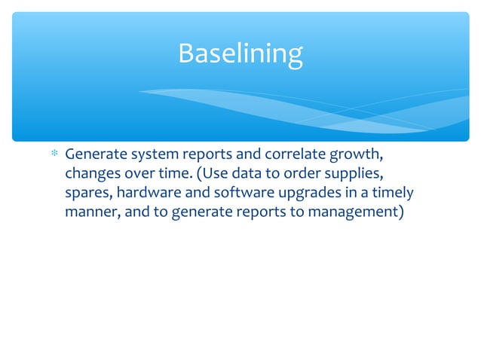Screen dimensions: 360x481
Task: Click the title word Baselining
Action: click(x=240, y=53)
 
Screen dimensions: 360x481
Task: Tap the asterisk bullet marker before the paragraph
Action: click(x=54, y=156)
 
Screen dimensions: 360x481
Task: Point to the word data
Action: click(x=253, y=175)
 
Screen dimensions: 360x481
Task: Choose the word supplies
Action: click(x=356, y=175)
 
